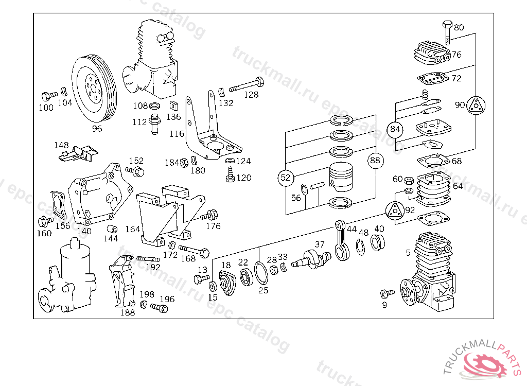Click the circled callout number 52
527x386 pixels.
click(x=285, y=178)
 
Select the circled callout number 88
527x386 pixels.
click(x=375, y=161)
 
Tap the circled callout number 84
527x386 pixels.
click(x=395, y=129)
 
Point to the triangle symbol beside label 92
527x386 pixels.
click(x=394, y=211)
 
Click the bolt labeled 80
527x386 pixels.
click(x=447, y=32)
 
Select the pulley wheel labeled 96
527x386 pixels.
click(x=94, y=90)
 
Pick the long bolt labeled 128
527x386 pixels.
click(x=247, y=84)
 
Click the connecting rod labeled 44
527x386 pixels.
click(x=342, y=240)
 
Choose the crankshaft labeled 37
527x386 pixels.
click(x=311, y=259)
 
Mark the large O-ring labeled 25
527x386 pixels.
click(x=261, y=273)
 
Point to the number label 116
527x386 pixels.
click(x=177, y=134)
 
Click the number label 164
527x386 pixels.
click(x=132, y=230)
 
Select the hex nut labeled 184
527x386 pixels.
click(x=184, y=163)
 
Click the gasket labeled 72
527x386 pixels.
click(x=433, y=79)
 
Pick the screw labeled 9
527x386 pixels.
click(x=388, y=293)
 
